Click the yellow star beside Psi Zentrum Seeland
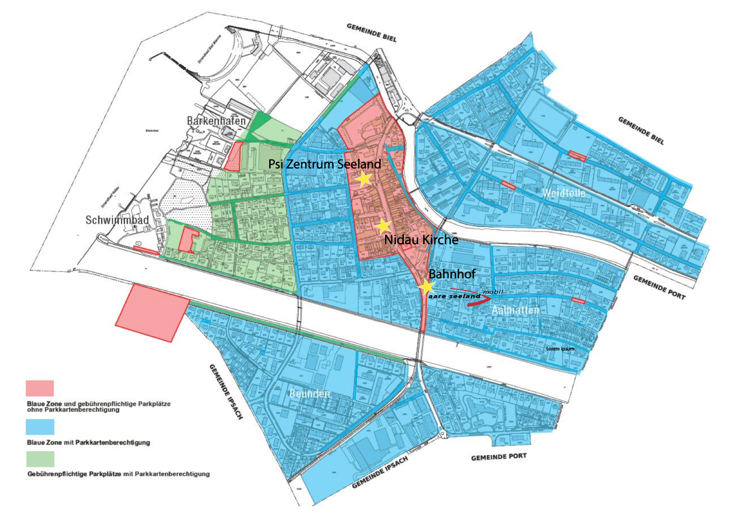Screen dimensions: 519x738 [364, 179]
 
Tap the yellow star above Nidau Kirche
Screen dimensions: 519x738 [383, 226]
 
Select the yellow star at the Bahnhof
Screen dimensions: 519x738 [426, 287]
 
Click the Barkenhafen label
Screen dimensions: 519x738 [216, 122]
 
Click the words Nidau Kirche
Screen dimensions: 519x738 [421, 240]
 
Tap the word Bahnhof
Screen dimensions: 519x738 [452, 274]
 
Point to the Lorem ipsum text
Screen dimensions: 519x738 [560, 349]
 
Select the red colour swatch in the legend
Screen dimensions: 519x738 [40, 388]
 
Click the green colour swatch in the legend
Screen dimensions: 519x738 [40, 459]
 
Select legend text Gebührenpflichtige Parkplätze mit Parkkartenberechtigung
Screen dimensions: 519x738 [118, 474]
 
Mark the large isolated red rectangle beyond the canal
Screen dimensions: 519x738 [152, 313]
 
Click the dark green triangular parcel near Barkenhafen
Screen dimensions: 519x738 [260, 123]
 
